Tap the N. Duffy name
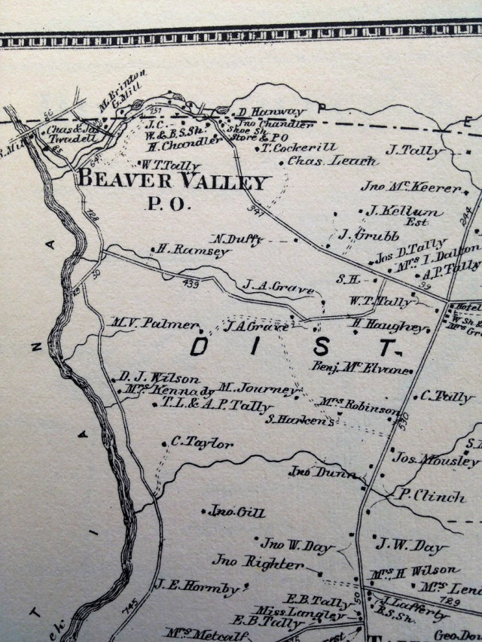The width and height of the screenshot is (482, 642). [239, 239]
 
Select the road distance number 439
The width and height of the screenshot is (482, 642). [192, 284]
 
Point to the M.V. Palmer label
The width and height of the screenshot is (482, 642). [156, 324]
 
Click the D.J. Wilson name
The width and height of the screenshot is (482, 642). [160, 378]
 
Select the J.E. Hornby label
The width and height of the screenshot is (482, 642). [197, 585]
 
